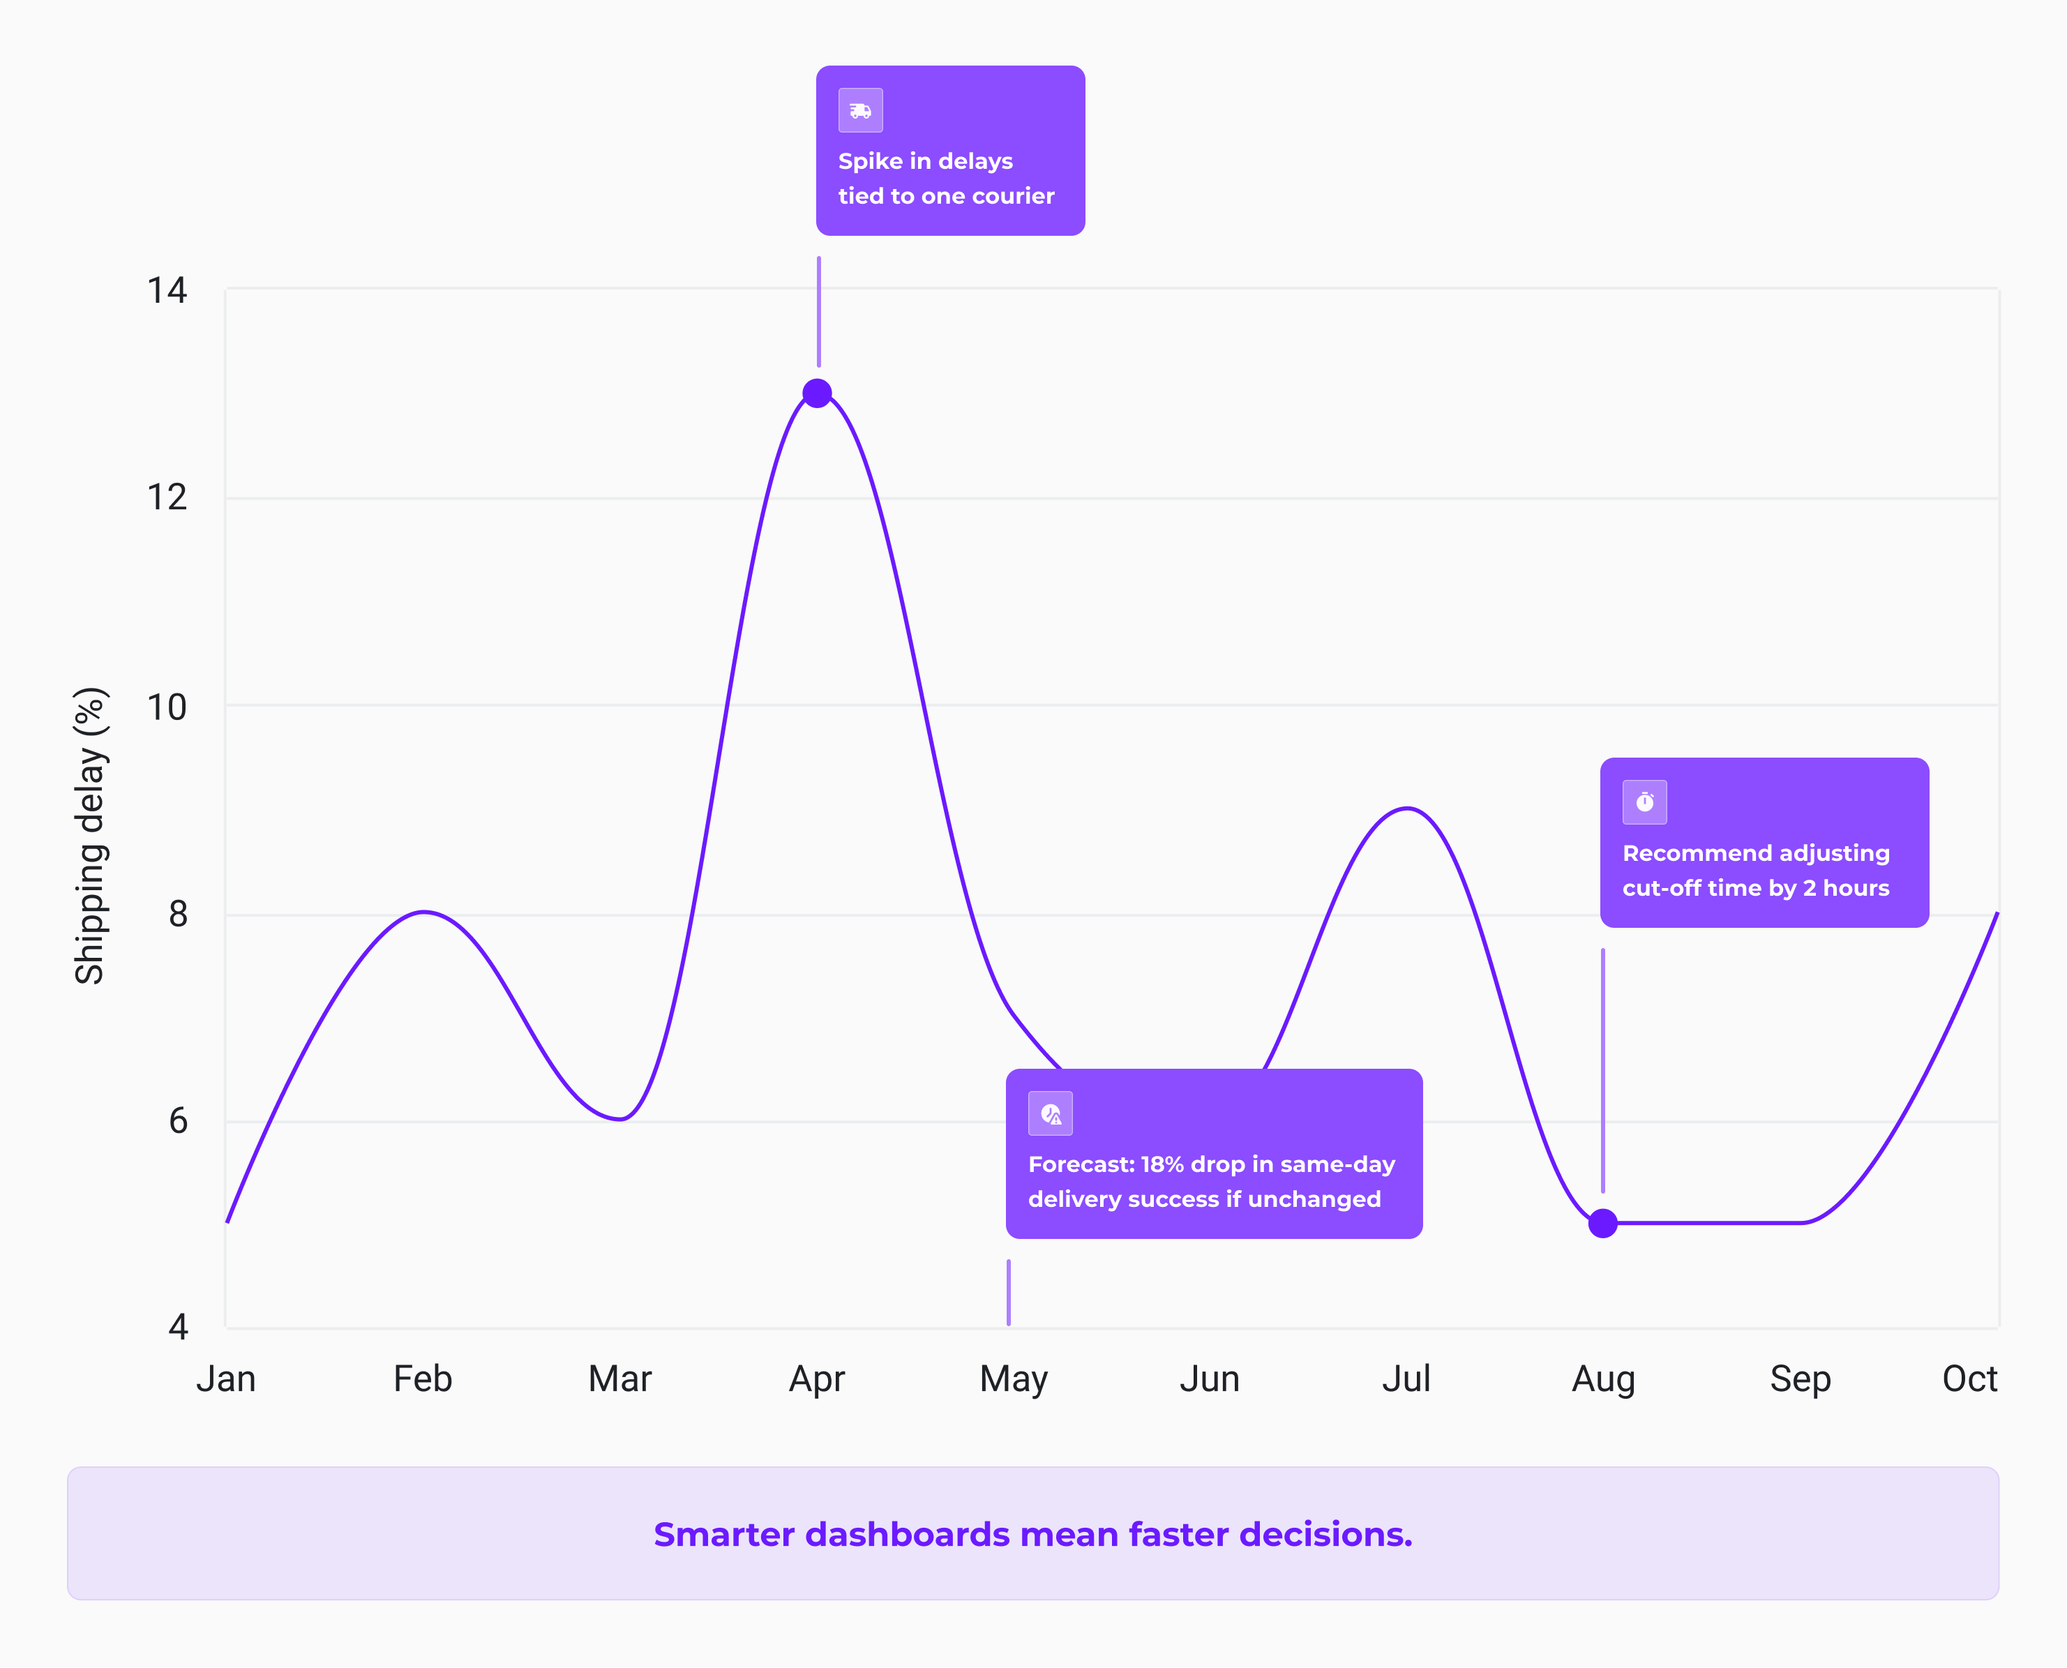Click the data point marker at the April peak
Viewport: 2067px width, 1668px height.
tap(817, 393)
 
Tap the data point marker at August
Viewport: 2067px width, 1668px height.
tap(1602, 1223)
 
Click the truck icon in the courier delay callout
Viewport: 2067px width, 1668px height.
tap(860, 110)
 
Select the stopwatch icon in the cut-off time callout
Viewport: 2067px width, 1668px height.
tap(1644, 802)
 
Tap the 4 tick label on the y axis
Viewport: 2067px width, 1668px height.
tap(178, 1327)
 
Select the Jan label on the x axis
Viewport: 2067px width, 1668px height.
tap(226, 1378)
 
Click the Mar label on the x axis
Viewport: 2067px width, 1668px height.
tap(619, 1378)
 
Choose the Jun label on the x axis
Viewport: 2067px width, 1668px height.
tap(1209, 1378)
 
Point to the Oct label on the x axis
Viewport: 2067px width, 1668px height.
tap(1969, 1378)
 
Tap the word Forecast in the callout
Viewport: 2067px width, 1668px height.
tap(1080, 1164)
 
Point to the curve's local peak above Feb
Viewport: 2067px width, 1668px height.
tap(423, 912)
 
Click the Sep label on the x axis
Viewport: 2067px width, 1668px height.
tap(1800, 1378)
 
